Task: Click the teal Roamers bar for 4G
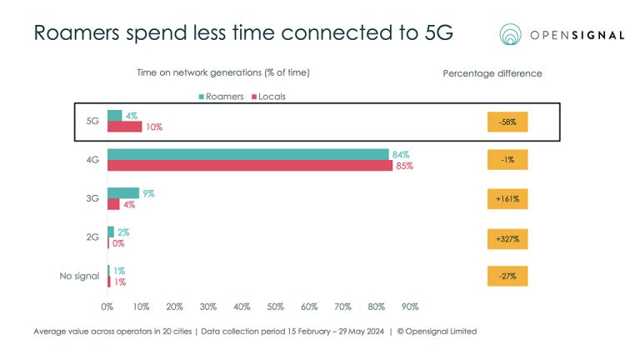pyautogui.click(x=247, y=154)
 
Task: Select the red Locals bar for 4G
pyautogui.click(x=249, y=165)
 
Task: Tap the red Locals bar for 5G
pyautogui.click(x=124, y=127)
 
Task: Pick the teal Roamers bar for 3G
pyautogui.click(x=122, y=193)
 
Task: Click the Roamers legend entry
pyautogui.click(x=221, y=97)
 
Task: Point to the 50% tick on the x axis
pyautogui.click(x=276, y=307)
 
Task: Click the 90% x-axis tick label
pyautogui.click(x=410, y=307)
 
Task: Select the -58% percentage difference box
pyautogui.click(x=508, y=122)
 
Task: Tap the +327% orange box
pyautogui.click(x=508, y=238)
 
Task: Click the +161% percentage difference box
pyautogui.click(x=508, y=199)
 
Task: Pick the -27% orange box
pyautogui.click(x=508, y=277)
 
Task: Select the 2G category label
pyautogui.click(x=92, y=237)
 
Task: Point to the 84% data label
pyautogui.click(x=401, y=155)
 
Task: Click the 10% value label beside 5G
pyautogui.click(x=152, y=127)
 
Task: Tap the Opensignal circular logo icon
pyautogui.click(x=513, y=34)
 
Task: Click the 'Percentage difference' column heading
pyautogui.click(x=492, y=73)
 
